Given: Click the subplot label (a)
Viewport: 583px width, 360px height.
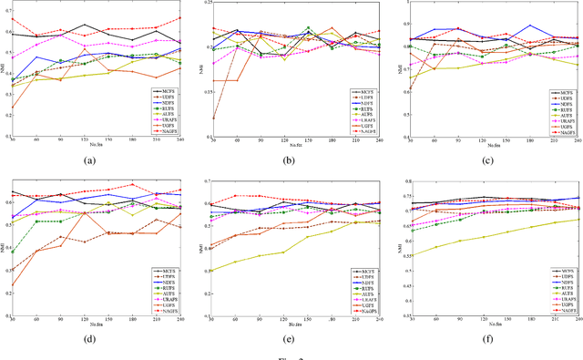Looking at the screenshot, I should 89,160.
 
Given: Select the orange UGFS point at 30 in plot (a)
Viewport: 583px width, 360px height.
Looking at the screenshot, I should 13,108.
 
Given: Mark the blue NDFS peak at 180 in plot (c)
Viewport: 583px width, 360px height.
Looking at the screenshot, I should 529,26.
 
